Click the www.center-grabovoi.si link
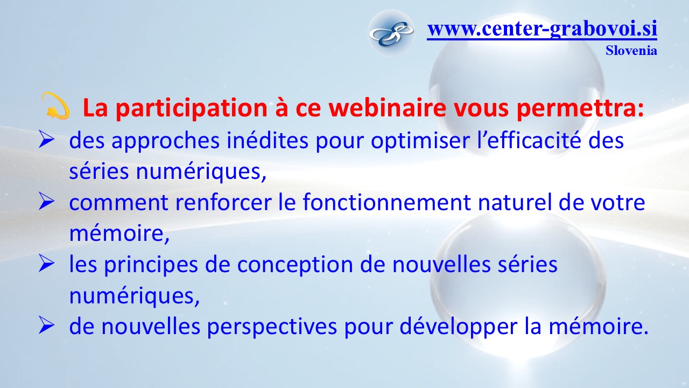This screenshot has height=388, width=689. pos(542,29)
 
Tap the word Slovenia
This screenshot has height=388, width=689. pos(631,51)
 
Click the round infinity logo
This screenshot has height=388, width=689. pos(391,33)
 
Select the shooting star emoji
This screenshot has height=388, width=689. pos(55,106)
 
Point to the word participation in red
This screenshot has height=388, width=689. pos(192,109)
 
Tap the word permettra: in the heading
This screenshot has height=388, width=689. pos(580,109)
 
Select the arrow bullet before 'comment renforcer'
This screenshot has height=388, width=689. pos(46,202)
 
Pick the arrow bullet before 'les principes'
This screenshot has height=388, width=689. pos(46,264)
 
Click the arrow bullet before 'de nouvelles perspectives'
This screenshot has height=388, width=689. pos(46,327)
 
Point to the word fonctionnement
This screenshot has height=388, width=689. pos(386,202)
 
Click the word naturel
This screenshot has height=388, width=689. pos(515,203)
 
